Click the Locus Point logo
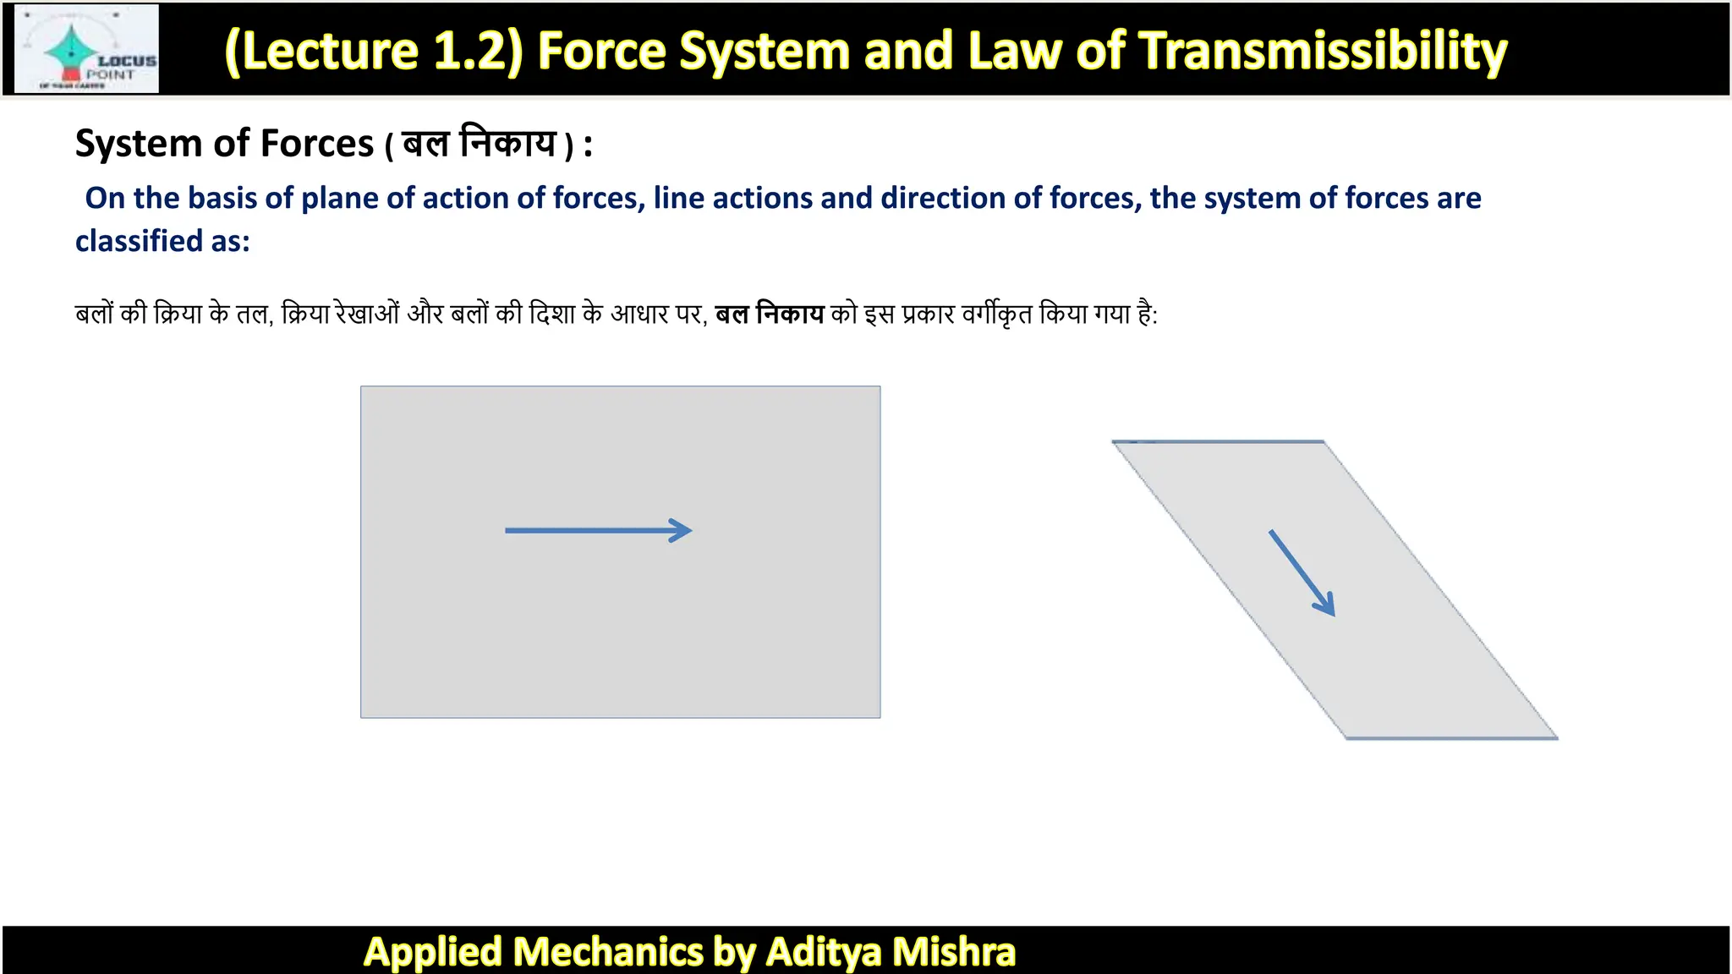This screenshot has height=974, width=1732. click(x=87, y=49)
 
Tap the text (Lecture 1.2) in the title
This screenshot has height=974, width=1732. click(x=374, y=51)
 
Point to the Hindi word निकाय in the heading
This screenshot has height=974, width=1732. click(x=507, y=142)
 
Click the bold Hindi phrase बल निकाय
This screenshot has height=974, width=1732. click(x=769, y=315)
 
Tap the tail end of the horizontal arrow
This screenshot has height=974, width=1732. click(x=508, y=531)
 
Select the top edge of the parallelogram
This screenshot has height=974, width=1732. click(x=1218, y=441)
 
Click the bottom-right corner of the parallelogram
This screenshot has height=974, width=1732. click(x=1555, y=737)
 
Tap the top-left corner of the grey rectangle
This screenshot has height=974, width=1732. click(x=362, y=387)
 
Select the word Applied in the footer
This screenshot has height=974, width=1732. click(x=433, y=952)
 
